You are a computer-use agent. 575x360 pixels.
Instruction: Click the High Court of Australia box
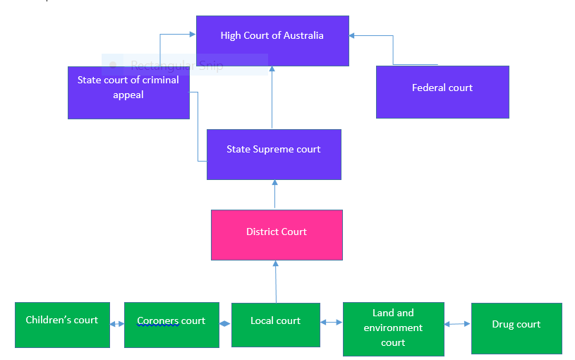(272, 41)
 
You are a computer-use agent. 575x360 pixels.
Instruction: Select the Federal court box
(442, 92)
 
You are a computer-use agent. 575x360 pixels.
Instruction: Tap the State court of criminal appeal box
(128, 92)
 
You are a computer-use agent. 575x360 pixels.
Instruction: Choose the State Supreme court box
(274, 154)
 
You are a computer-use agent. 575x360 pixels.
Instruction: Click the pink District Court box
(277, 234)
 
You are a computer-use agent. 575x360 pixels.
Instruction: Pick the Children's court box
(62, 325)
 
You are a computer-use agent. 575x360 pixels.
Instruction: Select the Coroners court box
(171, 325)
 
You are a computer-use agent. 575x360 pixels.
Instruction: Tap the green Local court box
(275, 325)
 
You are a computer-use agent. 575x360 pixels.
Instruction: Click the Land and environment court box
(393, 329)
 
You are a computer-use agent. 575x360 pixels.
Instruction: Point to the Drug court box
(516, 328)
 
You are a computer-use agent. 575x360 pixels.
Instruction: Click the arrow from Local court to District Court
(276, 282)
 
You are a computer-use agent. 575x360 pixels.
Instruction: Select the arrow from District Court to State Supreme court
(275, 195)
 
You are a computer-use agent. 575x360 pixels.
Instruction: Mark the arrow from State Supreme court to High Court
(272, 98)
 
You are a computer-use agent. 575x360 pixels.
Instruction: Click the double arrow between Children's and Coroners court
(117, 325)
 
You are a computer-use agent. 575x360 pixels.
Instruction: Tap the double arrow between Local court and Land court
(332, 323)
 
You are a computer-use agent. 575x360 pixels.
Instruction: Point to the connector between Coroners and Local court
(225, 324)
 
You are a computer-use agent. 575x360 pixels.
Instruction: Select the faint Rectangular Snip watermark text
(177, 66)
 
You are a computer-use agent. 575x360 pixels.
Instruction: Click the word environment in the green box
(393, 328)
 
